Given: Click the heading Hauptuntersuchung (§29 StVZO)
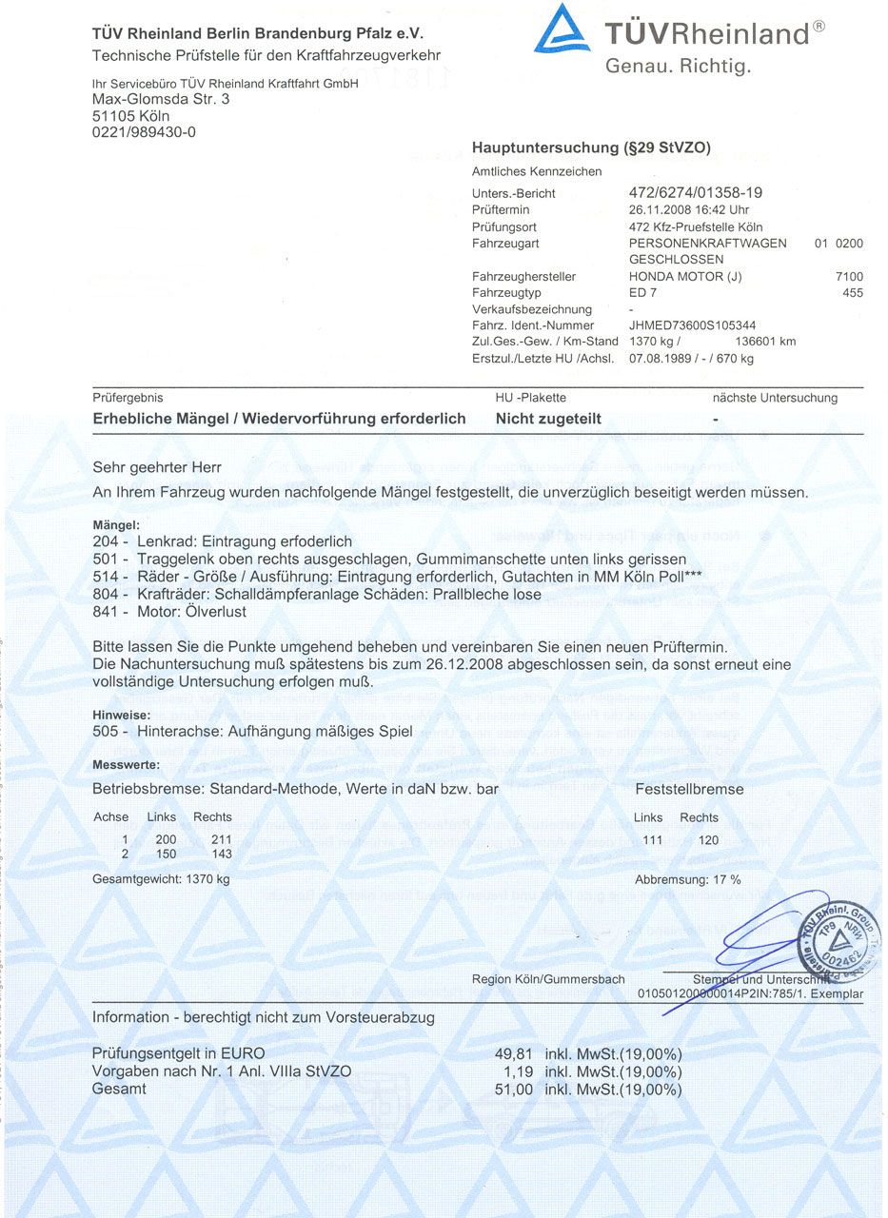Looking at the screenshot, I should point(591,147).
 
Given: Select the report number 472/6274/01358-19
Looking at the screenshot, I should point(696,193).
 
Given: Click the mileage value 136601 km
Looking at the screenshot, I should point(766,342).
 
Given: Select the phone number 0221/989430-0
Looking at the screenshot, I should point(144,132).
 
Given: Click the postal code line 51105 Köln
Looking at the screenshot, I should point(131,115).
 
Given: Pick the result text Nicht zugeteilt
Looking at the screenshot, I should point(548,419).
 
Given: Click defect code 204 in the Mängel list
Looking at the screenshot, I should point(105,541).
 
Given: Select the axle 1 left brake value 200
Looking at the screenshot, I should point(167,839).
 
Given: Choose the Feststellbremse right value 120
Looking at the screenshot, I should point(707,840).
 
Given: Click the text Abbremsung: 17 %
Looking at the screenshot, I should point(687,879).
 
